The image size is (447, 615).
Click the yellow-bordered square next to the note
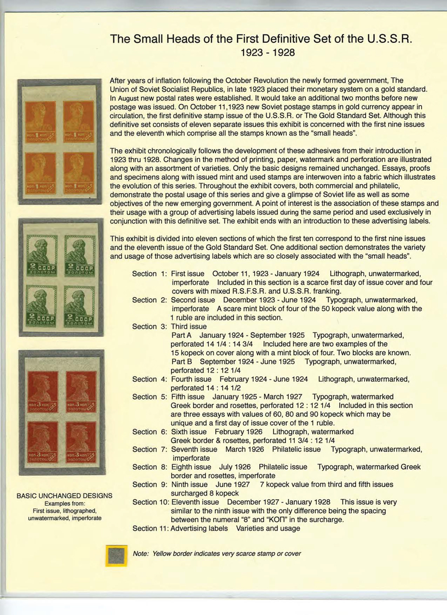116,555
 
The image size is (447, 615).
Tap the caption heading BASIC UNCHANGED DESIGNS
64,496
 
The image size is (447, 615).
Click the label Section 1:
150,274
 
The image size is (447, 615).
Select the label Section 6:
150,432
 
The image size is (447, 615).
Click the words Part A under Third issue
181,335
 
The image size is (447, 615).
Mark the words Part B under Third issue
182,362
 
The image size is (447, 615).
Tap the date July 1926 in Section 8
235,467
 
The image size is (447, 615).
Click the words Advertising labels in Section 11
199,528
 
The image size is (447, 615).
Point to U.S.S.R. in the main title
388,39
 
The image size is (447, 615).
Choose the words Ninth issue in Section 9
190,484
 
